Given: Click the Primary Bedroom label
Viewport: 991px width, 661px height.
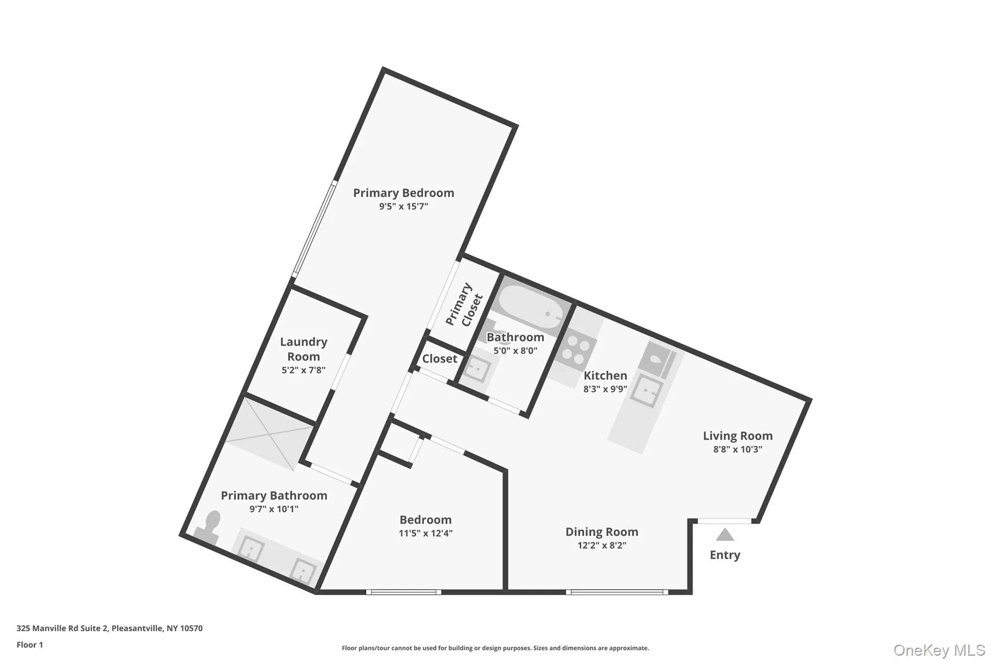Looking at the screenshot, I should point(403,193).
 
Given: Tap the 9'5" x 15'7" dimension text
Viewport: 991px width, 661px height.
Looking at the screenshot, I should point(403,207).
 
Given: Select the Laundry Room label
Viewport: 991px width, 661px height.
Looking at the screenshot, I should point(303,349).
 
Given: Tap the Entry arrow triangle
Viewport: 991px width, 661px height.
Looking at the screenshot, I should point(724,535).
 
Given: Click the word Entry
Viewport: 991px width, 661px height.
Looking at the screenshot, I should point(724,555).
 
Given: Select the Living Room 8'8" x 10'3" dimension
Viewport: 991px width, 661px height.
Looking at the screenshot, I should point(737,449).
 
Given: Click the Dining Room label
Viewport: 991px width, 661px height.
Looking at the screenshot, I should point(601,532).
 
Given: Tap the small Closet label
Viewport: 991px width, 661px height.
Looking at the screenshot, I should point(439,359).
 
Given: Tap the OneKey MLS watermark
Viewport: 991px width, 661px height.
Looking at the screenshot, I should point(939,650).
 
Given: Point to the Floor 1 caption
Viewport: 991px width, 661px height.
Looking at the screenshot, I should point(30,645).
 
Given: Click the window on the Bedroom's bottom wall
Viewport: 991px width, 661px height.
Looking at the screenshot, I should point(404,592).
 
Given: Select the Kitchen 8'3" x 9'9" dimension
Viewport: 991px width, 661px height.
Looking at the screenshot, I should point(605,389).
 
